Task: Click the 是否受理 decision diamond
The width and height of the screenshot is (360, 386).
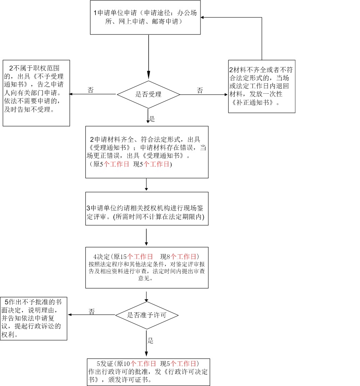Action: [x=148, y=94]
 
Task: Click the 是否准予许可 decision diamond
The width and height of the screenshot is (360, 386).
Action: [x=147, y=315]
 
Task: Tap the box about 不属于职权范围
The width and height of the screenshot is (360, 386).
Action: [x=36, y=93]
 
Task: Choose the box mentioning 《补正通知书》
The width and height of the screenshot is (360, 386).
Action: [x=262, y=86]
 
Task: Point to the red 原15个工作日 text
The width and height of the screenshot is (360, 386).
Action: [x=138, y=256]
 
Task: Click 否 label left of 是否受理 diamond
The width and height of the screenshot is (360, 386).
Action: [x=90, y=90]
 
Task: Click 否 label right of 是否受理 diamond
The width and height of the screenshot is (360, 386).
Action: [x=200, y=90]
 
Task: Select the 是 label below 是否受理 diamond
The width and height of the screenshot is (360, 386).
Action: [x=152, y=119]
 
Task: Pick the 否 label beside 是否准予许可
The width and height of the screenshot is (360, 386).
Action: [x=92, y=311]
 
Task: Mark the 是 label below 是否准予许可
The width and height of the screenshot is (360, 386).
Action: [x=150, y=341]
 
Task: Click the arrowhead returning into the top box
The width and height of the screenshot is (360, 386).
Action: [x=202, y=17]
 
